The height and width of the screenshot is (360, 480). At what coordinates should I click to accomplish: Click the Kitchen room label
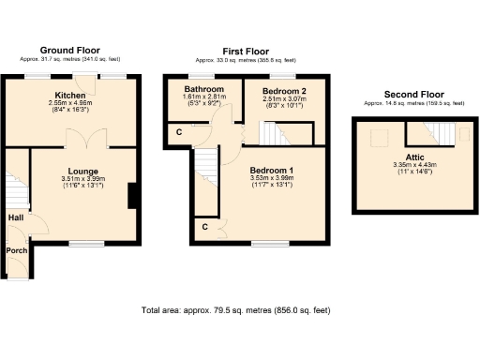[x=70, y=96]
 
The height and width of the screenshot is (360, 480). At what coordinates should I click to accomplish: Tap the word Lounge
[x=83, y=171]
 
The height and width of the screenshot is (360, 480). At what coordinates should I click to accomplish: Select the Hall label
[x=16, y=217]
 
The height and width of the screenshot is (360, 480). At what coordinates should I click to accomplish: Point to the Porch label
[x=17, y=251]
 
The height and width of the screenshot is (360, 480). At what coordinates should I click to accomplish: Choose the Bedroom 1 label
[x=271, y=170]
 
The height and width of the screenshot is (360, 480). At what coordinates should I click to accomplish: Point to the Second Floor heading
[x=414, y=94]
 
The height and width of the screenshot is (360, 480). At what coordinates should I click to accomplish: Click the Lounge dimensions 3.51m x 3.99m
[x=83, y=178]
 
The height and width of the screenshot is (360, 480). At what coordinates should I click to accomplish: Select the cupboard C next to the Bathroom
[x=179, y=132]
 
